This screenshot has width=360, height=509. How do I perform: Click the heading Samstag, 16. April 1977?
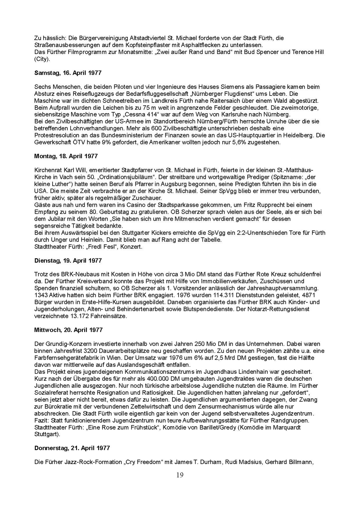pyautogui.click(x=68, y=73)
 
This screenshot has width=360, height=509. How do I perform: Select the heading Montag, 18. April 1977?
pyautogui.click(x=66, y=156)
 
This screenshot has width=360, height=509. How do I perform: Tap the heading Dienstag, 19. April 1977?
pyautogui.click(x=68, y=260)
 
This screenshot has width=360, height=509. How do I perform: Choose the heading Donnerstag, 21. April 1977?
pyautogui.click(x=72, y=448)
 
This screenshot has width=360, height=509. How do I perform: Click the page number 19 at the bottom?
pyautogui.click(x=180, y=475)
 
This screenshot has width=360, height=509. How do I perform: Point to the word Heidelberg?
pyautogui.click(x=302, y=136)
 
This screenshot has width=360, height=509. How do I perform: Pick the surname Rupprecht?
pyautogui.click(x=271, y=205)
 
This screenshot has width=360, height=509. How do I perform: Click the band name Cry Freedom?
pyautogui.click(x=142, y=462)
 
